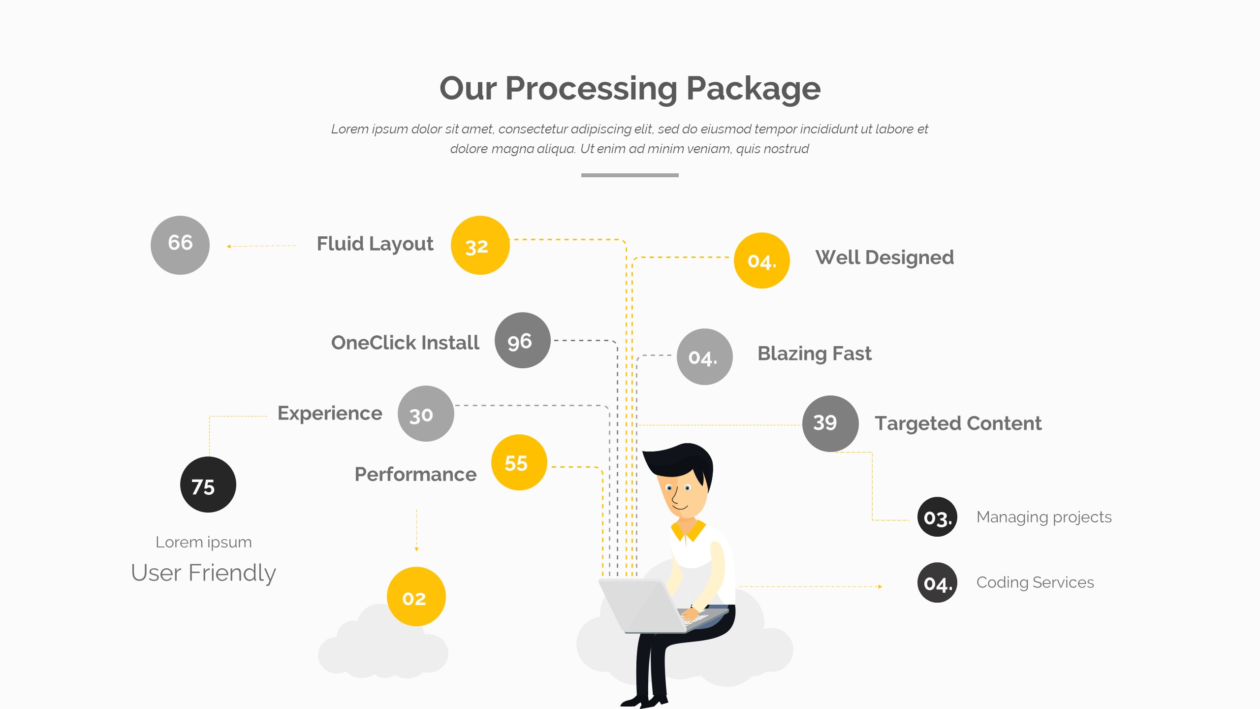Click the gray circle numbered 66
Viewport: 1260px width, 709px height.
click(180, 245)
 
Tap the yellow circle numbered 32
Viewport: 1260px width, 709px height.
click(480, 245)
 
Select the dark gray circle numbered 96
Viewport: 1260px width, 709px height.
click(522, 340)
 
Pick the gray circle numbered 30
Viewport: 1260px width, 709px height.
click(426, 414)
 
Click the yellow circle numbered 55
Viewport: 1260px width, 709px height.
click(519, 462)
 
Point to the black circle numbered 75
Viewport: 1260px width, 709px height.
click(208, 485)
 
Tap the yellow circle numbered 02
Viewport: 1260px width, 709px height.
click(416, 597)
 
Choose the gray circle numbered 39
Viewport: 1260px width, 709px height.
click(830, 423)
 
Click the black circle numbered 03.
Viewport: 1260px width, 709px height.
click(937, 517)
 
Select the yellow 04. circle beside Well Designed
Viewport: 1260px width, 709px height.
click(761, 260)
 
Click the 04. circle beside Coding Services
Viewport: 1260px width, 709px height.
click(937, 582)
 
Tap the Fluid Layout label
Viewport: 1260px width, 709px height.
click(375, 244)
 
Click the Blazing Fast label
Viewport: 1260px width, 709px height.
click(814, 354)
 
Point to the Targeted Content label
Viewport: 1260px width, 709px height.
click(958, 423)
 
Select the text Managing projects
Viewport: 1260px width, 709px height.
click(1044, 517)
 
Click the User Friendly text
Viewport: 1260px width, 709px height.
click(203, 573)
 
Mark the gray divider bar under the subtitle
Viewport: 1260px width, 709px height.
click(630, 175)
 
